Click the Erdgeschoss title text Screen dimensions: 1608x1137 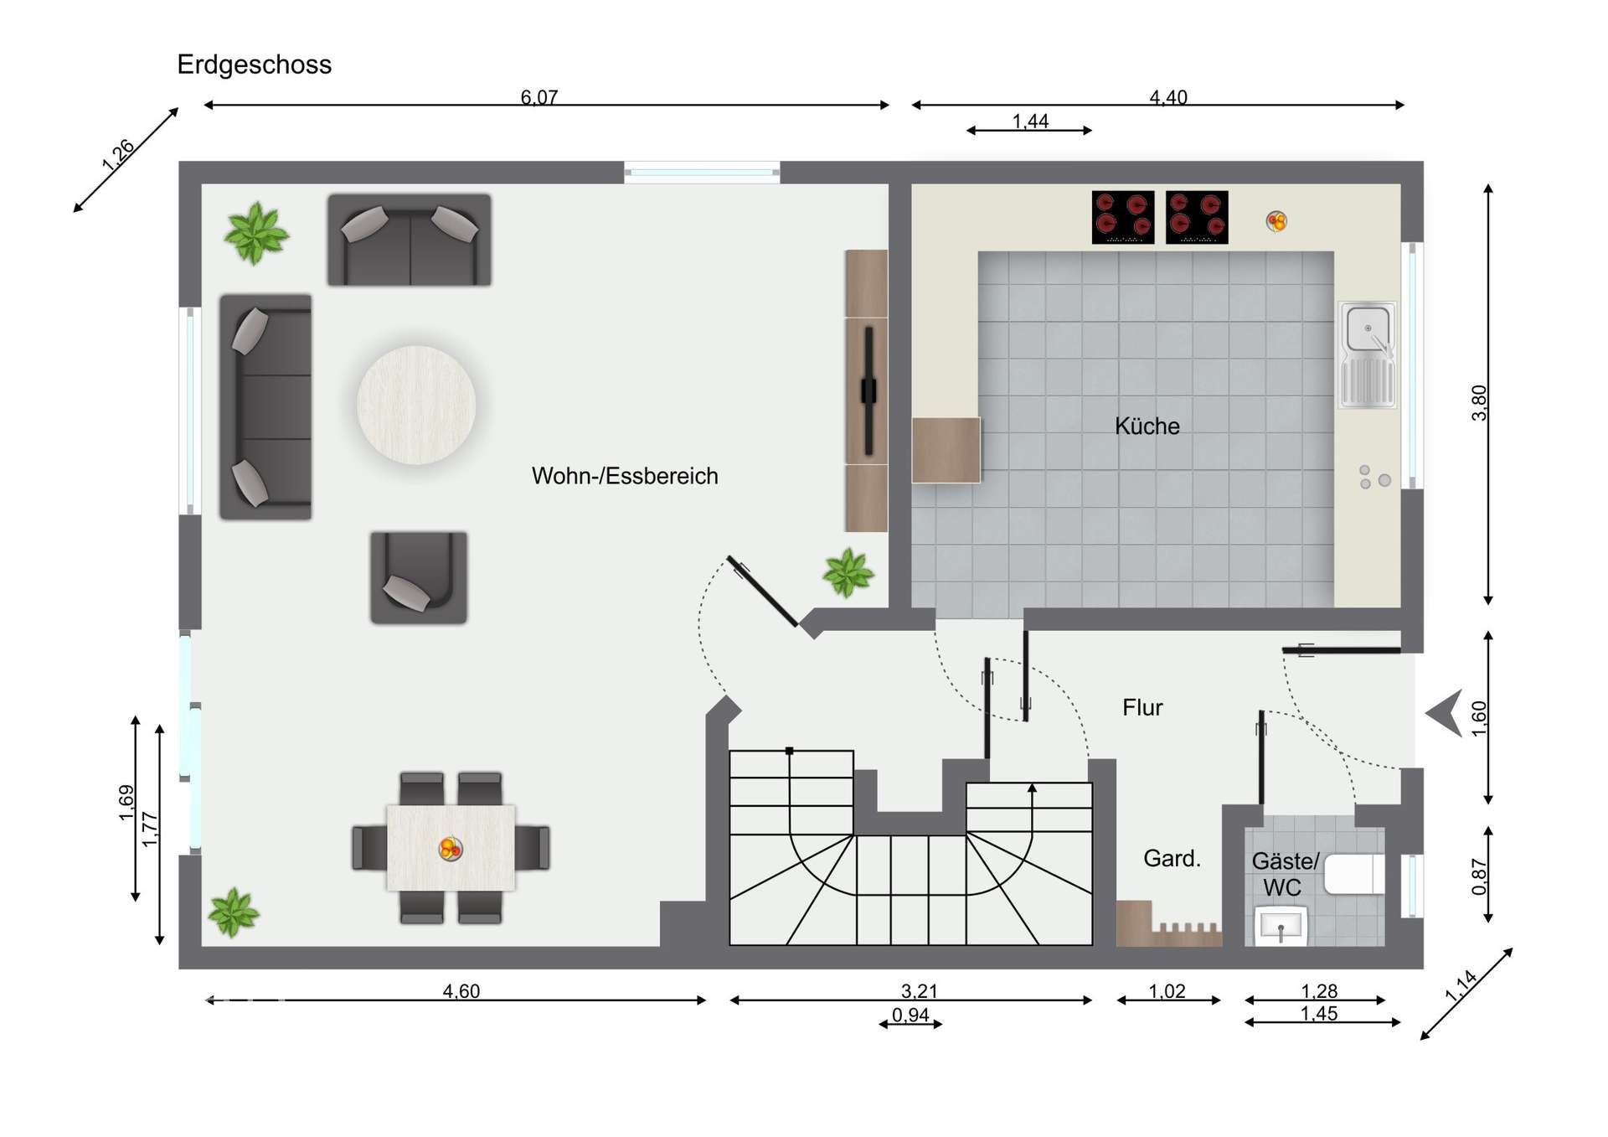[x=255, y=65]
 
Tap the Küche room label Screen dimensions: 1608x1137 [x=1147, y=426]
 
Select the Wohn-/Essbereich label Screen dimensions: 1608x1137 [x=625, y=476]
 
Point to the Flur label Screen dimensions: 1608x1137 [x=1142, y=707]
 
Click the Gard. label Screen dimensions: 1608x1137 [x=1172, y=858]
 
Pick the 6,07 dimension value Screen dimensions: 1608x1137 [x=539, y=97]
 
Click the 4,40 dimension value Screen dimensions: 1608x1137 [x=1168, y=97]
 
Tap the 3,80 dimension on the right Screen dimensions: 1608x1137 [x=1480, y=402]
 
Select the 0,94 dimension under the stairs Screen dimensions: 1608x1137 [x=910, y=1015]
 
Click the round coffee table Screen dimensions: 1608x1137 [x=416, y=405]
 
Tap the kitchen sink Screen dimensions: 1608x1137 [x=1368, y=354]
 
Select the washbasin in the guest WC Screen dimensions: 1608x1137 [x=1281, y=927]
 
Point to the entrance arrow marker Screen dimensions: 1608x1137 [x=1446, y=713]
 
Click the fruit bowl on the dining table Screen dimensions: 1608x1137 [x=451, y=849]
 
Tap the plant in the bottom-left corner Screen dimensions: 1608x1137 [x=234, y=912]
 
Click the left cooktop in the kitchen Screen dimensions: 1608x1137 [x=1123, y=217]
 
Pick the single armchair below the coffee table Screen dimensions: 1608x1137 [x=419, y=577]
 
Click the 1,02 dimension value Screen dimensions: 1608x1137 [x=1167, y=991]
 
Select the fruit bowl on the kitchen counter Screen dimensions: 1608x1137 [x=1276, y=221]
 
